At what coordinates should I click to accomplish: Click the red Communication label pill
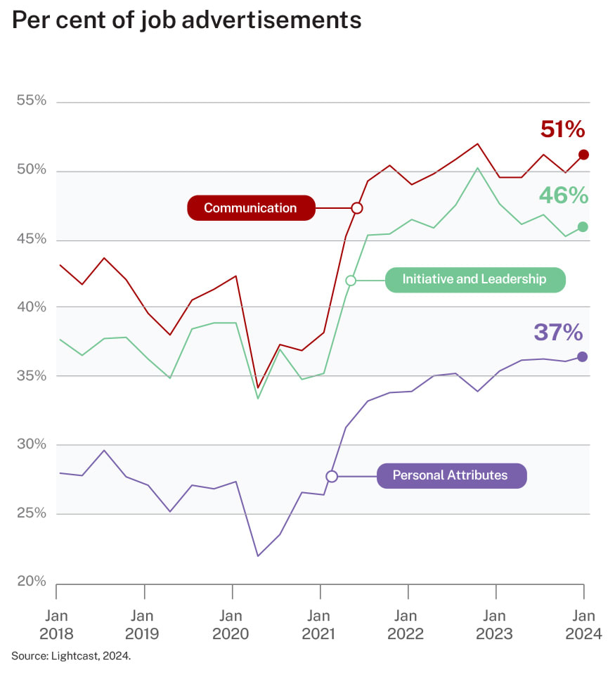(x=250, y=208)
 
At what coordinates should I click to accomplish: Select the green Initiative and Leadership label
(x=474, y=280)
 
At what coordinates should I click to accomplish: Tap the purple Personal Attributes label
(x=451, y=476)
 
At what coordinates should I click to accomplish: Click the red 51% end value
(x=562, y=129)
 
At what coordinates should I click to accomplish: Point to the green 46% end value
(x=563, y=195)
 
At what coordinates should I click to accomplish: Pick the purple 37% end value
(x=559, y=332)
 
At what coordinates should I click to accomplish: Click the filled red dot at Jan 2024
(x=583, y=155)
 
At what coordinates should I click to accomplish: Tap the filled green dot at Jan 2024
(x=583, y=226)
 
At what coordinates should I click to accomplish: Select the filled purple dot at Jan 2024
(x=583, y=356)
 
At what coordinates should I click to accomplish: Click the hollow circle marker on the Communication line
(x=356, y=208)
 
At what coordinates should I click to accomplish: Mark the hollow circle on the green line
(x=351, y=281)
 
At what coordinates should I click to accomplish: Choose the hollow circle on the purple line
(x=332, y=476)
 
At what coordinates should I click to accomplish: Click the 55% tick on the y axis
(x=31, y=101)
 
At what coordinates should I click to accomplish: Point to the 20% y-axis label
(x=31, y=581)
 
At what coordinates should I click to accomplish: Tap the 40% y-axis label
(x=31, y=307)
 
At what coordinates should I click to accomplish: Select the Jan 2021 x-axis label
(x=319, y=625)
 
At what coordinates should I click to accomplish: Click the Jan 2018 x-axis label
(x=56, y=625)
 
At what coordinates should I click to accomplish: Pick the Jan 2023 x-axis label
(x=495, y=625)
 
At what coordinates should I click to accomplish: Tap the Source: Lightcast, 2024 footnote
(x=71, y=656)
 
